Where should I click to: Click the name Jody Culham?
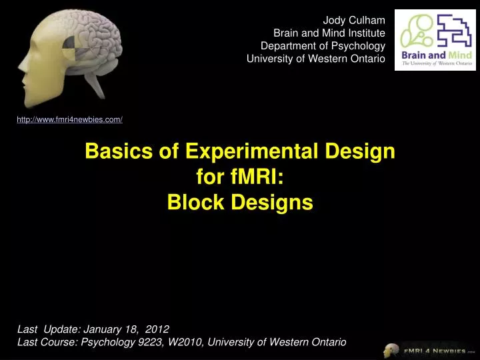354,19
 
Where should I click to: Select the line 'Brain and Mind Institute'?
329,33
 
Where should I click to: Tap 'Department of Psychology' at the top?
323,45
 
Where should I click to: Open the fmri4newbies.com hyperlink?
69,119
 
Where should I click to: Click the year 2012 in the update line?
157,329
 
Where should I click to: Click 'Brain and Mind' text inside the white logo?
435,55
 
